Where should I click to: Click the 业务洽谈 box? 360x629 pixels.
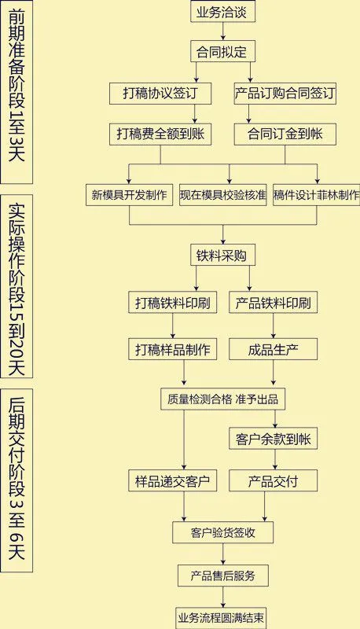point(222,12)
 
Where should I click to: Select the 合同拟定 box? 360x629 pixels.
point(222,51)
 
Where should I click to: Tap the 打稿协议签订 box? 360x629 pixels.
point(160,94)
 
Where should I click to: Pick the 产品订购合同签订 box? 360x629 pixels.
point(285,94)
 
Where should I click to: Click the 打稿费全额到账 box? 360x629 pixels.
point(160,134)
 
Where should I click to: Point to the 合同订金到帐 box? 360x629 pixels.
point(285,134)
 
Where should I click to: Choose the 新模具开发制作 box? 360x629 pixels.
point(129,195)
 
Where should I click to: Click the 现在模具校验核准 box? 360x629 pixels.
point(223,195)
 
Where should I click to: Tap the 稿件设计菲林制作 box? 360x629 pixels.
point(316,195)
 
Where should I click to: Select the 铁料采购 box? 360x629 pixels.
point(222,255)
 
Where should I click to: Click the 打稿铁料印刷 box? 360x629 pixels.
point(173,303)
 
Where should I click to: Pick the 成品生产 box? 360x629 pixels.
point(274,349)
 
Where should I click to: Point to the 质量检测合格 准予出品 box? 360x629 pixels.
point(223,399)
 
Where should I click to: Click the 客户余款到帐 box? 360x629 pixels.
point(274,439)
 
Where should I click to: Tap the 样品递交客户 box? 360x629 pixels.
point(173,480)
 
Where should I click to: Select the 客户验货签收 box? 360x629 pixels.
point(223,533)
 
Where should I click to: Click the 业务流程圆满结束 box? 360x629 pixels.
point(222,618)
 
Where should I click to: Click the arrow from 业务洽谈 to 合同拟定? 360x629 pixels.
point(223,31)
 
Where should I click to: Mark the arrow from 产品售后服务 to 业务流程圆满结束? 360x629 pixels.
point(223,597)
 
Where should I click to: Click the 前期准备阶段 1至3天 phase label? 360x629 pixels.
point(17,92)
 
